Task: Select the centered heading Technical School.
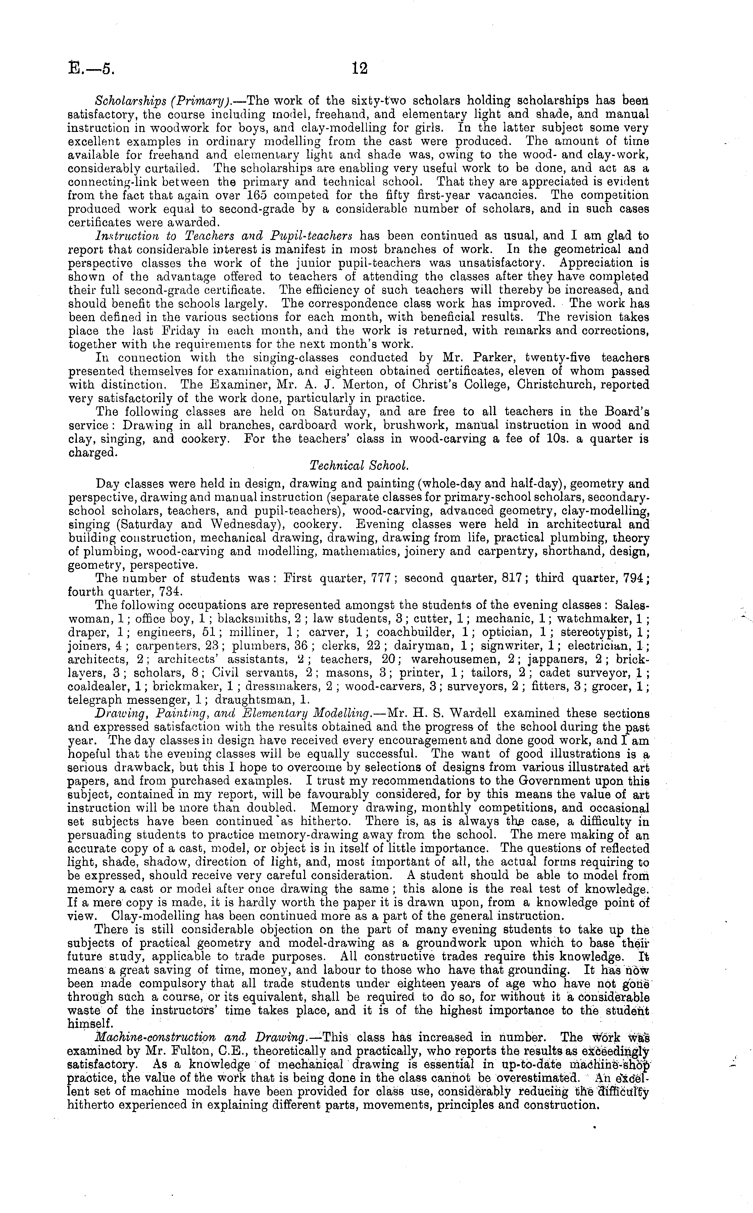[359, 465]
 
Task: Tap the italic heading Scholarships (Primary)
[149, 101]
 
